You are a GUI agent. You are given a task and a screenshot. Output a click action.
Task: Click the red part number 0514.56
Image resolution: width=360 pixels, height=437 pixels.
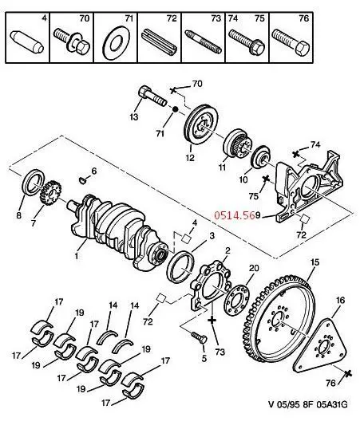[235, 215]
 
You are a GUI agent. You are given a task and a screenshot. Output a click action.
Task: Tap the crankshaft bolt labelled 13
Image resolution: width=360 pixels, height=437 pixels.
[152, 96]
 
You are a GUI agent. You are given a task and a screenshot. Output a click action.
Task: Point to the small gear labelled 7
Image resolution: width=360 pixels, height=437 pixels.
[51, 193]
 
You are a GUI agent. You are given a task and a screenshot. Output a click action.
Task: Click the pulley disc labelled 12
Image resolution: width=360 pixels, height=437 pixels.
[202, 124]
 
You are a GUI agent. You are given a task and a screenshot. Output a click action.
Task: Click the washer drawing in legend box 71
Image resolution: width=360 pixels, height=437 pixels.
[116, 42]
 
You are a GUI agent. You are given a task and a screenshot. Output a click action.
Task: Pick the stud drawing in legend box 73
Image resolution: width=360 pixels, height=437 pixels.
[204, 41]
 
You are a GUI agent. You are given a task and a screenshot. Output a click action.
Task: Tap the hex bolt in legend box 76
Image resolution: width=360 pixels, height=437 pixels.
[291, 43]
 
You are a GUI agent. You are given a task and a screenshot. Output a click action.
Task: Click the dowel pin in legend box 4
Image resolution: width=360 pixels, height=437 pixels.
[27, 42]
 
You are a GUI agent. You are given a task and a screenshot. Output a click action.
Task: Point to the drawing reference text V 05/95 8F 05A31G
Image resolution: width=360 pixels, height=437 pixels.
[308, 404]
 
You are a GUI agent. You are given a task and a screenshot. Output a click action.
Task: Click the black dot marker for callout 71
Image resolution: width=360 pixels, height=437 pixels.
[175, 109]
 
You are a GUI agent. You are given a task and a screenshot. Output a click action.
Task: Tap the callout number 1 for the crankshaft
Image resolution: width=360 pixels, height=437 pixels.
[77, 255]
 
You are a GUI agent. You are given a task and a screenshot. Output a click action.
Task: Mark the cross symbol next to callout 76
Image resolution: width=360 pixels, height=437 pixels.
[347, 374]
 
